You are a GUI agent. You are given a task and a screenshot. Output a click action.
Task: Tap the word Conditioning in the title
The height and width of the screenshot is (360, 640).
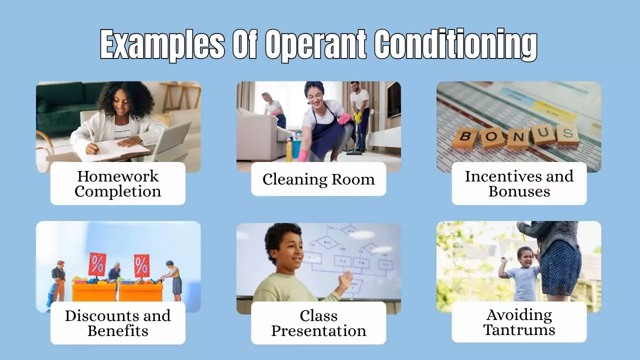click(456, 45)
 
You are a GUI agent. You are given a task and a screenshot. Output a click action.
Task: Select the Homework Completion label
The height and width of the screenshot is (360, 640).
click(118, 183)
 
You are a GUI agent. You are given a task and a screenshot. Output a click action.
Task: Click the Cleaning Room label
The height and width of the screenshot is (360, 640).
click(318, 179)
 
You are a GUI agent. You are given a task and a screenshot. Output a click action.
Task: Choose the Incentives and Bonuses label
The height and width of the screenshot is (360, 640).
click(519, 183)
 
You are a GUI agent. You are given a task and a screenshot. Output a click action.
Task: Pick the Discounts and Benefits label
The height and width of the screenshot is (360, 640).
click(118, 323)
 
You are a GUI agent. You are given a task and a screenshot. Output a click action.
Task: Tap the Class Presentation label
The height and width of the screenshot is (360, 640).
click(318, 323)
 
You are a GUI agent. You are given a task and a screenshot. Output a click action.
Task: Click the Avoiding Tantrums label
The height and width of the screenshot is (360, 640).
click(519, 322)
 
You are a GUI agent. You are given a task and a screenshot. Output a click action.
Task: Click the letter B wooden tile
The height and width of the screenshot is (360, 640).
click(464, 138)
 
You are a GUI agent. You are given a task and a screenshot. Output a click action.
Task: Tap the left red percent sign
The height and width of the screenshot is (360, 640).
click(97, 264)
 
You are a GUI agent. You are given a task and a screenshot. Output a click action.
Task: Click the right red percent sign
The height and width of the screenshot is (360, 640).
click(141, 265)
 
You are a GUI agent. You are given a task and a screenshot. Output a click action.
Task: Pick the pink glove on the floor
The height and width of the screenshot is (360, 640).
click(302, 155)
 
